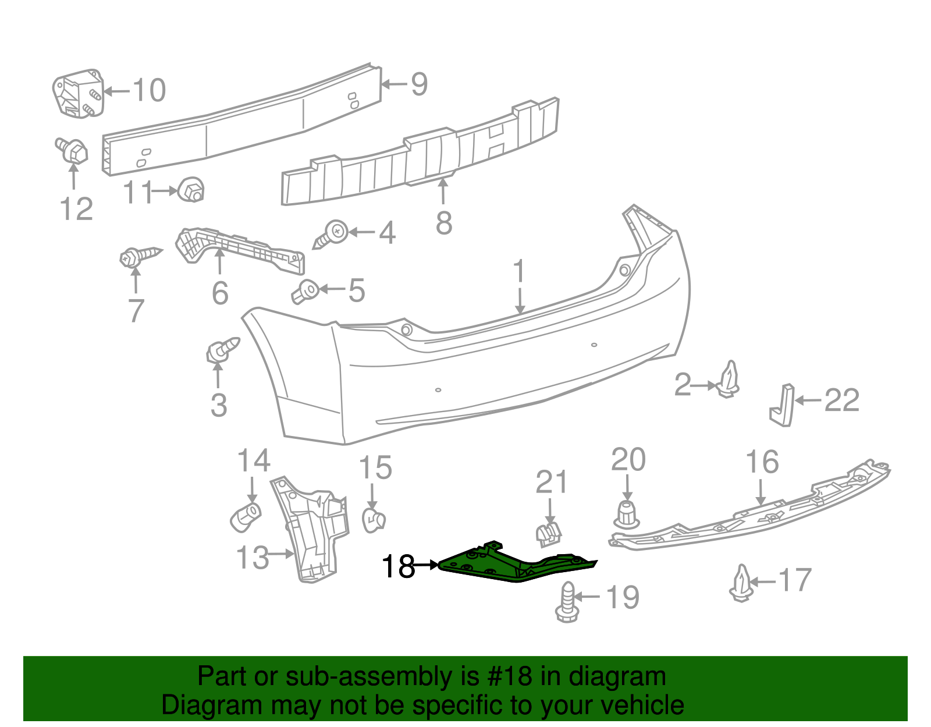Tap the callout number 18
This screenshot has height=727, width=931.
(398, 566)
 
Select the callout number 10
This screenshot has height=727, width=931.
(150, 90)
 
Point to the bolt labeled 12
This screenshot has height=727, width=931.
(72, 150)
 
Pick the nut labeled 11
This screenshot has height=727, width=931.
(191, 189)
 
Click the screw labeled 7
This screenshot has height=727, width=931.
(140, 255)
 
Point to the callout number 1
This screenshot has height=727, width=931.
(519, 272)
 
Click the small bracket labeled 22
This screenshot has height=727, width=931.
(783, 405)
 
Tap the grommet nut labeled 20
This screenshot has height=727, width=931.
(626, 515)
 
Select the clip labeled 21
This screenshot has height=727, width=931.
(549, 533)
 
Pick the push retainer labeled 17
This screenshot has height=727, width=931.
(741, 583)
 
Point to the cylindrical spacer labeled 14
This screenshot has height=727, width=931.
(246, 516)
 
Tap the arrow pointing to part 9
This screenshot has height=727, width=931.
(395, 84)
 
